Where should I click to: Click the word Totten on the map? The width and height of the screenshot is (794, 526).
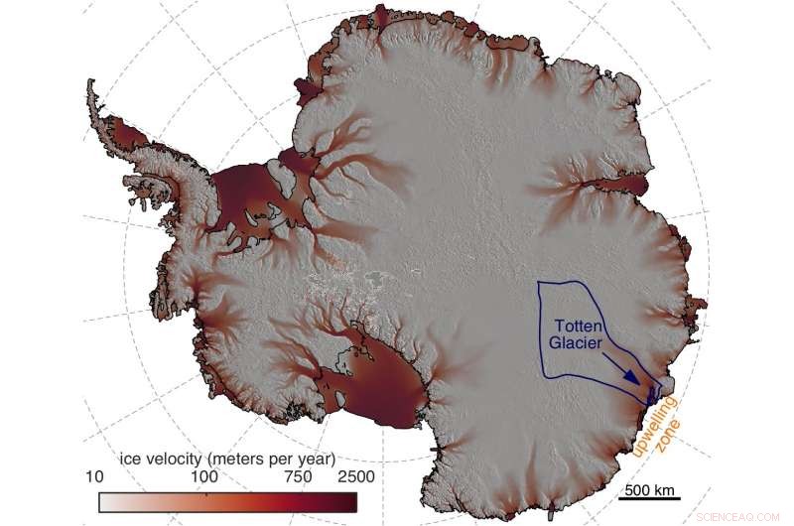[x=577, y=326]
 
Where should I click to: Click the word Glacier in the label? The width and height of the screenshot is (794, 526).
[x=576, y=342]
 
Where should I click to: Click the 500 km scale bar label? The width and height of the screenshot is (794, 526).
[x=652, y=488]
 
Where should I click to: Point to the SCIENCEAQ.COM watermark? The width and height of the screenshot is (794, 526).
[x=745, y=517]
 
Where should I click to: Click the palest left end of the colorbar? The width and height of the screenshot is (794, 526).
[x=105, y=502]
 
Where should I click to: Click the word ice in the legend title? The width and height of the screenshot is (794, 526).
[x=129, y=460]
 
